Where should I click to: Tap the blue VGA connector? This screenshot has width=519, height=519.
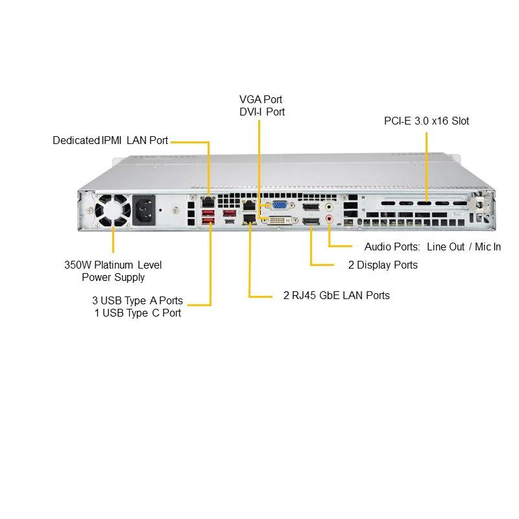(280, 206)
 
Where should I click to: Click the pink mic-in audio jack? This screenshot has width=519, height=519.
(330, 220)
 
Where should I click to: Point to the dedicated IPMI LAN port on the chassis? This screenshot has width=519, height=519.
(208, 202)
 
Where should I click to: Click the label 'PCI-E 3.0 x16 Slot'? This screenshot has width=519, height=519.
(426, 121)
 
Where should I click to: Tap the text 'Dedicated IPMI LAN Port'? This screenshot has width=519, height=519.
(110, 140)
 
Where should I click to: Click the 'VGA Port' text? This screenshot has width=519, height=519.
(261, 99)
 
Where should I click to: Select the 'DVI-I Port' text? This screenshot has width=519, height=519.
(261, 112)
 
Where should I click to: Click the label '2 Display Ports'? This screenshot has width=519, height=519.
(383, 265)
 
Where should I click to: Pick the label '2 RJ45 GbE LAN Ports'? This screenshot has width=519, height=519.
(337, 295)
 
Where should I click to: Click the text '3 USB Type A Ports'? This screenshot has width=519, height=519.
(137, 300)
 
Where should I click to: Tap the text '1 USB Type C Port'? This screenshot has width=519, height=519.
(138, 313)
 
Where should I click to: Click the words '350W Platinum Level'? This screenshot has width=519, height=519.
(113, 265)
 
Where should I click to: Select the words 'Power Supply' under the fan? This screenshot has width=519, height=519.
(113, 277)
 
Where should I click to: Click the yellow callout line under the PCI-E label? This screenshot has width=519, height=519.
(427, 162)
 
